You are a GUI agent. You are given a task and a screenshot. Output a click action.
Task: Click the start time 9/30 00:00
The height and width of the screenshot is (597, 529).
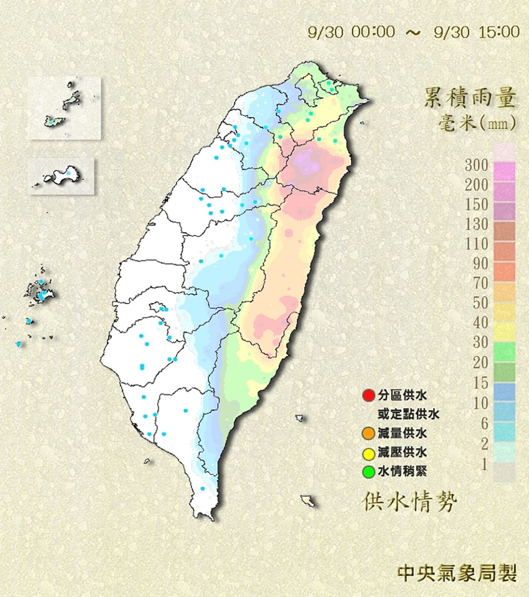click(x=351, y=32)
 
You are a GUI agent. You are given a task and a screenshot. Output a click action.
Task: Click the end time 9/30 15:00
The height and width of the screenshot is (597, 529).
click(x=477, y=32)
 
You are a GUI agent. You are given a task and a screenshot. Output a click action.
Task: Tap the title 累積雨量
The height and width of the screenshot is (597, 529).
click(x=469, y=98)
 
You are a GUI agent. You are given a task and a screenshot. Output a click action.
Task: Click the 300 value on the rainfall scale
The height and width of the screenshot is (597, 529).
click(x=477, y=165)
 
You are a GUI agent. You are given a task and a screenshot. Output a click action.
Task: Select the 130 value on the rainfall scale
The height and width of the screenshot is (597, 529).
click(x=477, y=224)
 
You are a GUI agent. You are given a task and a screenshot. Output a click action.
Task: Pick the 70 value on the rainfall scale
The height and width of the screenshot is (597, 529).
click(x=481, y=284)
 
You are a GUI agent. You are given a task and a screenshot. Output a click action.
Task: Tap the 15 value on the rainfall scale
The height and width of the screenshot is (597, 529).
click(x=481, y=383)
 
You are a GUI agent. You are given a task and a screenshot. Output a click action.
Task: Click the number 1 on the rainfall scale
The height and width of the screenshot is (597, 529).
click(x=484, y=464)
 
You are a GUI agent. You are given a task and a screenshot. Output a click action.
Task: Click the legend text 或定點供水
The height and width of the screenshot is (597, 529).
click(x=408, y=414)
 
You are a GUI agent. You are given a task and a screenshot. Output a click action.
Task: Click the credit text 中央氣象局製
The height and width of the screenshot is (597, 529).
click(x=457, y=573)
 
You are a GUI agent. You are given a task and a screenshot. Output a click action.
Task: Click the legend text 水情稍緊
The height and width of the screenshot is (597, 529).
click(x=402, y=472)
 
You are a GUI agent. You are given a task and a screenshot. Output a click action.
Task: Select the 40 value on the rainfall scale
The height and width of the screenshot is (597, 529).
click(x=481, y=323)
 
